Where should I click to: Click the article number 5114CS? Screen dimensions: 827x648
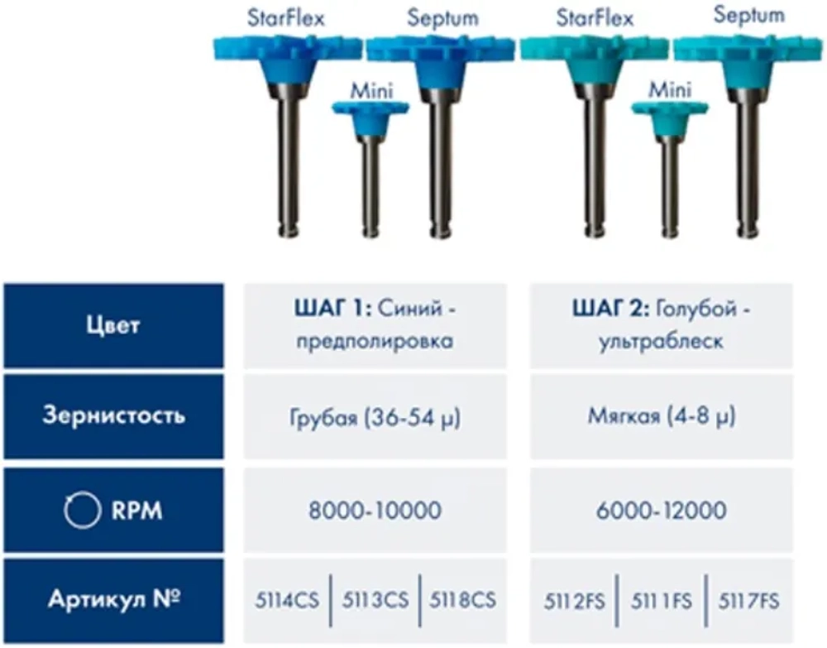(287, 600)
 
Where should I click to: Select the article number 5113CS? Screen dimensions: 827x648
(375, 600)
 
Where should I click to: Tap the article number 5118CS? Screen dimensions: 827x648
(462, 600)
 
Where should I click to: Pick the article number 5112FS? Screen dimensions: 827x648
(575, 601)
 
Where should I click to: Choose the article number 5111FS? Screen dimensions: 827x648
(662, 601)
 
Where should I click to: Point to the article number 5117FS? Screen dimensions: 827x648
(748, 601)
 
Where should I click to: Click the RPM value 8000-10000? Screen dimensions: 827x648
(375, 511)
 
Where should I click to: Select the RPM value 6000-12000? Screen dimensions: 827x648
(662, 511)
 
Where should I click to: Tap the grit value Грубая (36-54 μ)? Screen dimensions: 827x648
(375, 418)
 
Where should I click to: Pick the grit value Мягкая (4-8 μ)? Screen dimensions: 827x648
(662, 416)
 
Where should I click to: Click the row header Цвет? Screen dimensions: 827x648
(113, 325)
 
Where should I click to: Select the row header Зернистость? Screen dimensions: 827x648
(113, 415)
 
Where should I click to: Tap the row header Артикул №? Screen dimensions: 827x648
(114, 599)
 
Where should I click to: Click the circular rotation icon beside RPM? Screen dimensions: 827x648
(82, 511)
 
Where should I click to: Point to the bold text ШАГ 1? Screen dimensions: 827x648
(332, 308)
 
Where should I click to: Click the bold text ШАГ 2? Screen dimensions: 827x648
(611, 309)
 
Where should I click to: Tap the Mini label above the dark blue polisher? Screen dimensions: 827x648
(372, 91)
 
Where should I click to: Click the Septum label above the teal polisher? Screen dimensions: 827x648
(749, 15)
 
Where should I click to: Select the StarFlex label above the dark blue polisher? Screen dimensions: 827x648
(286, 18)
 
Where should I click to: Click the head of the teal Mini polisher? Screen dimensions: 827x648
(670, 118)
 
